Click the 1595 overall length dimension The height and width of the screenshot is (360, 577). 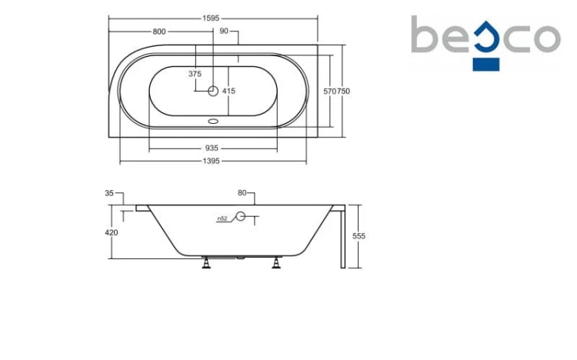pos(211,18)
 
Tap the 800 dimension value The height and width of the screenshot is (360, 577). pos(159,32)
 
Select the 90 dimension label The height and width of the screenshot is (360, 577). pos(224,32)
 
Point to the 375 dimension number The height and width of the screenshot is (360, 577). pos(195,74)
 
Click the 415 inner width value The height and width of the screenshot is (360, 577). pos(228,91)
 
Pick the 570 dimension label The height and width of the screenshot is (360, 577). pos(330,92)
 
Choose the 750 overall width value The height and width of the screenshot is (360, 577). pos(343,92)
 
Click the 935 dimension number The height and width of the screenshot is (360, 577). pos(212,148)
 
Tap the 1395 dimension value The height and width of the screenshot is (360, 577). pos(212,161)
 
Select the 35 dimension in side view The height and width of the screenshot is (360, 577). pos(109,193)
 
